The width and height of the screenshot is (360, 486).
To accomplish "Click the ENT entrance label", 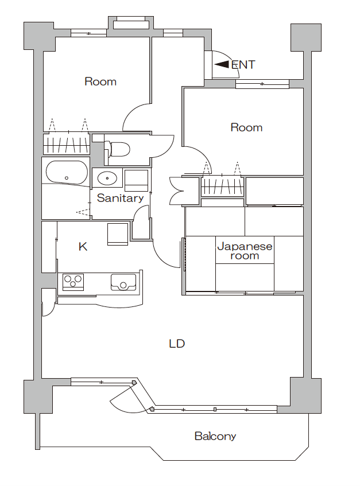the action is pos(243,65).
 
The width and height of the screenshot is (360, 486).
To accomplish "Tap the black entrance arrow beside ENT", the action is pos(222,64).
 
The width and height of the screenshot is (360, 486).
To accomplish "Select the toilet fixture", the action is pos(117,149).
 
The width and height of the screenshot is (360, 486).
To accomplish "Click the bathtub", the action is pos(67,173).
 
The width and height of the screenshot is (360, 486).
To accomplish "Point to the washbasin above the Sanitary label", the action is pos(107,178).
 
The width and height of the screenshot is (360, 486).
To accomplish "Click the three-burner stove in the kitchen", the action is pos(73,282).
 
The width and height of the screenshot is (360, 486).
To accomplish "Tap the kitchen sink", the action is pos(123,282).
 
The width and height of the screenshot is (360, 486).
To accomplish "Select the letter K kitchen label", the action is pos(83,247).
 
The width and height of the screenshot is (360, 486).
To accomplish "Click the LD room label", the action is pos(177,344).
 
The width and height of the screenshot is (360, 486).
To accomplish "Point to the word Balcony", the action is pos(215,437).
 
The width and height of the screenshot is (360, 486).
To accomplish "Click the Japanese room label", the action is pos(245,251).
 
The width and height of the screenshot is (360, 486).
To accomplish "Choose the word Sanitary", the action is pos(121,198).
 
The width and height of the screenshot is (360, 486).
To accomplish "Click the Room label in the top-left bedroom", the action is pos(100,81).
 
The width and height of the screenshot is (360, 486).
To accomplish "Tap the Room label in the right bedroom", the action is pos(246,127).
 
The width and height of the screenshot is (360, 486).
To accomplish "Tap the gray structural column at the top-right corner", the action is pos(305,37).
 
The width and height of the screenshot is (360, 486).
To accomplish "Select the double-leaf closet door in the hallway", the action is pos(176,190).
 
